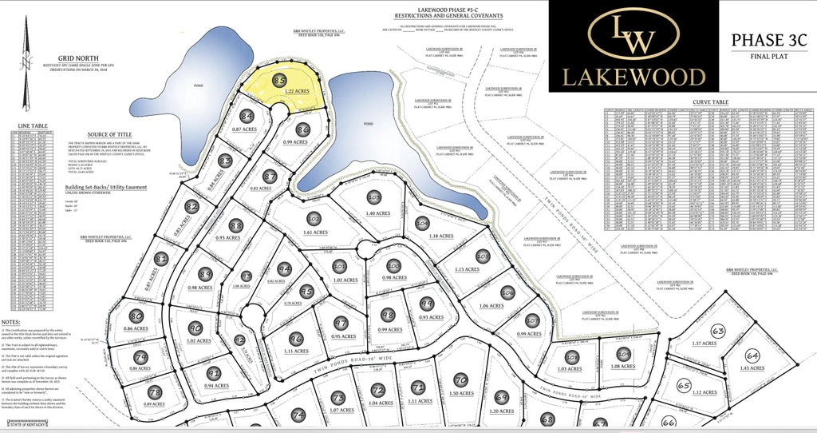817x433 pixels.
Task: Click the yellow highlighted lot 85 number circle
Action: point(279,81)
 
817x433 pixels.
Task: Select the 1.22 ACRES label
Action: point(298,92)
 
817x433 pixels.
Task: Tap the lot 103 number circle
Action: point(374,197)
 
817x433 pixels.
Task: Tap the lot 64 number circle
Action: point(752,356)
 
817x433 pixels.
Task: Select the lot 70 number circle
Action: point(460,379)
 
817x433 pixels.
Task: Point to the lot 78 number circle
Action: point(155,393)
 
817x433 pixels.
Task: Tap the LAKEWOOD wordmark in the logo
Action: point(633,76)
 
